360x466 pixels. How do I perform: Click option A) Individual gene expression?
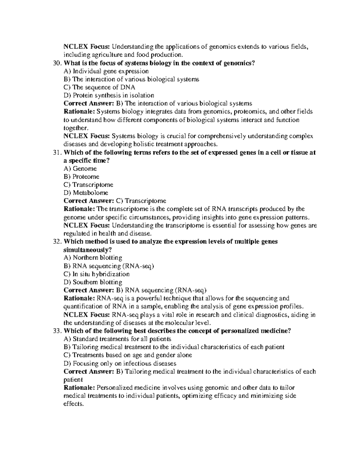click(x=106, y=71)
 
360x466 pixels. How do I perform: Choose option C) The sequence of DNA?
click(x=99, y=87)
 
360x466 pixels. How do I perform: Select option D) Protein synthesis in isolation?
click(x=109, y=95)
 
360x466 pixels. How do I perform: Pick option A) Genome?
click(x=80, y=169)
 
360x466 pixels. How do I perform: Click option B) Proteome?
click(x=81, y=177)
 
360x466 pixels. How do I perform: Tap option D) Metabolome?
click(x=86, y=193)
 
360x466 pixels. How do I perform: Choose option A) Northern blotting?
click(x=93, y=258)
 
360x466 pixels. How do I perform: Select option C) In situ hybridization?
click(x=97, y=274)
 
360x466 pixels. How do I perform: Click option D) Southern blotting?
click(x=93, y=282)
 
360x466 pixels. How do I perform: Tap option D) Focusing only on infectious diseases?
click(x=120, y=363)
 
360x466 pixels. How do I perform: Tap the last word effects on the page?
click(x=73, y=404)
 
